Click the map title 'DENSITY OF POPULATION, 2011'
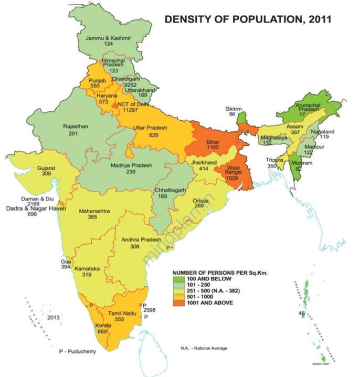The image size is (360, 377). [x=248, y=20]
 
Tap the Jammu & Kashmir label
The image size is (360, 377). [x=109, y=38]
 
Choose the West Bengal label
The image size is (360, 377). [x=232, y=169]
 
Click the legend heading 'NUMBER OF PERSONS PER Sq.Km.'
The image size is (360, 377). [x=218, y=274]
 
